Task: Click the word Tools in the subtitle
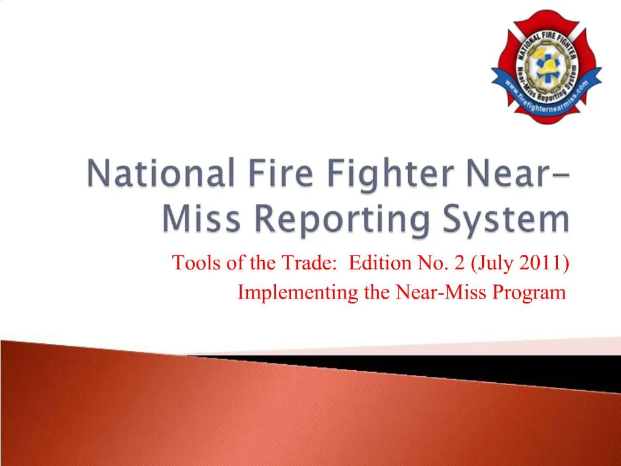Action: [x=189, y=264]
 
